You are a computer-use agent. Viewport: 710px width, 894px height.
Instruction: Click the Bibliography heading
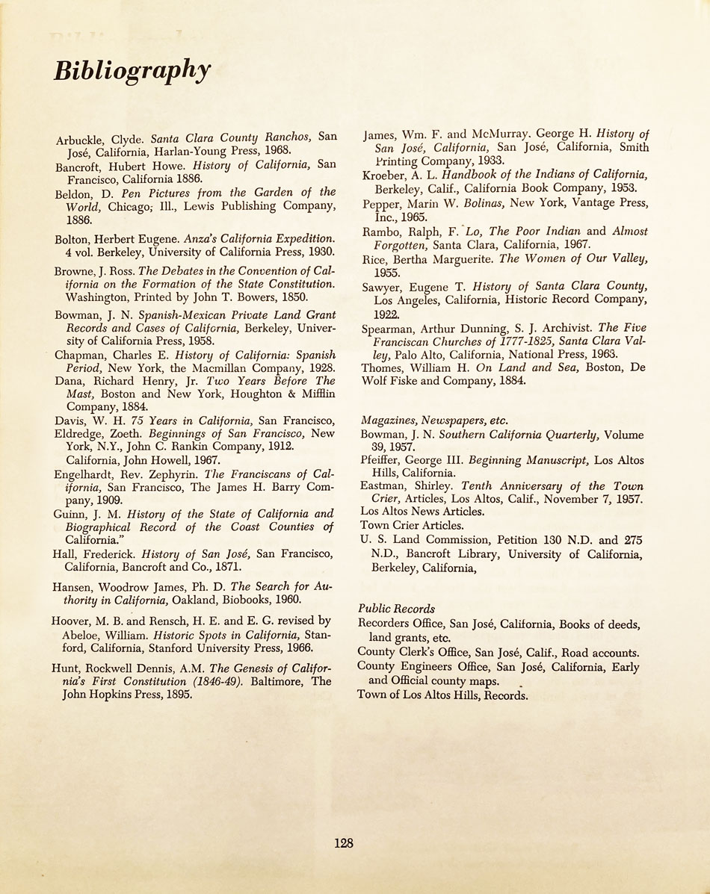tap(132, 71)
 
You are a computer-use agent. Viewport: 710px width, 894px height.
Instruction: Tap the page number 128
tap(344, 843)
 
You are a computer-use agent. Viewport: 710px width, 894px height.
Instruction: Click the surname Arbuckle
tap(80, 139)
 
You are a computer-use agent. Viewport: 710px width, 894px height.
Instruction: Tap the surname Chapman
tap(78, 356)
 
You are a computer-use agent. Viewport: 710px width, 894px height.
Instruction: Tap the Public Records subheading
tap(396, 609)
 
